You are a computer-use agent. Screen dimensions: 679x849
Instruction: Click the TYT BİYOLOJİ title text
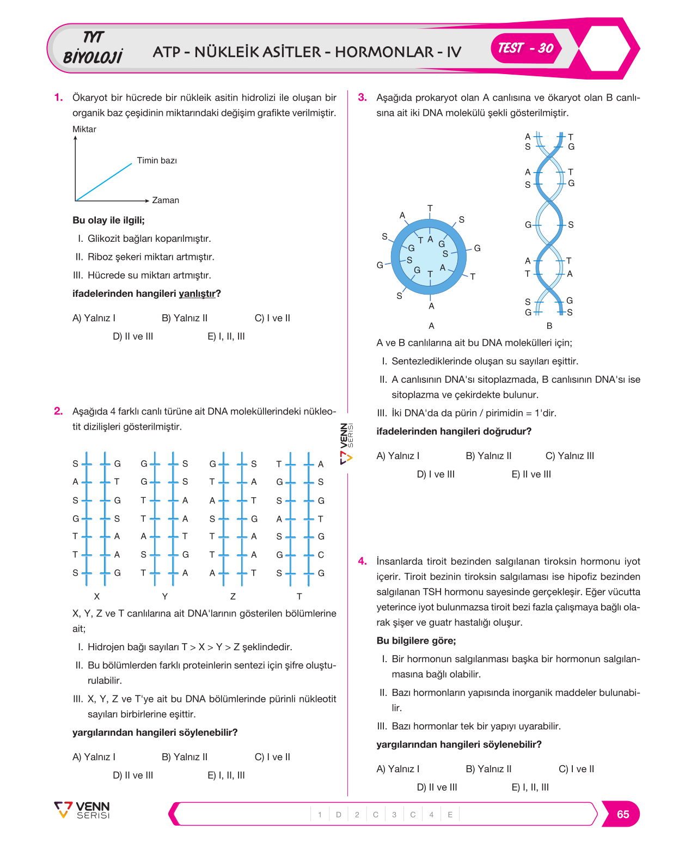[x=93, y=47]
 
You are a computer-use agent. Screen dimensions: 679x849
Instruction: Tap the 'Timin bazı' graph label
[x=157, y=161]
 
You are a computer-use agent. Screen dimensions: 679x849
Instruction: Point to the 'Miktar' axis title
[x=84, y=129]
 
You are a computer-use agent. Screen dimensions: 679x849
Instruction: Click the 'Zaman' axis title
[x=166, y=200]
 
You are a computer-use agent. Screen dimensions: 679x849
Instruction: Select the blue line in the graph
[x=104, y=182]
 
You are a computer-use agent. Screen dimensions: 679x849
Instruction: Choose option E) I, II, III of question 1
[x=226, y=337]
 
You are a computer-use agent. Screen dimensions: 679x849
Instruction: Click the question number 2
[x=58, y=411]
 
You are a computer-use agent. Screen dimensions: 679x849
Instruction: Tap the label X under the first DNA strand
[x=97, y=596]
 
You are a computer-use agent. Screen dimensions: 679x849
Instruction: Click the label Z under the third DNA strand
[x=233, y=596]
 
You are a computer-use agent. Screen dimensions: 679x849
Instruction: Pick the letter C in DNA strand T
[x=321, y=555]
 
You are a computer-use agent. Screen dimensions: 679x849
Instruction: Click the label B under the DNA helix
[x=549, y=326]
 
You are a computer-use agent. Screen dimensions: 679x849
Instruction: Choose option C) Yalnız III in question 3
[x=570, y=456]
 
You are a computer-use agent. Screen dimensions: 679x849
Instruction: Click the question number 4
[x=362, y=561]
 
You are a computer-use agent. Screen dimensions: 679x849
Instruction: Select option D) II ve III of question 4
[x=437, y=787]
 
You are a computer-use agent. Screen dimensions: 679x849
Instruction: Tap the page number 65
[x=622, y=814]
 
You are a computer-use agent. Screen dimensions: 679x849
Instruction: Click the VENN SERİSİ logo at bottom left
[x=82, y=810]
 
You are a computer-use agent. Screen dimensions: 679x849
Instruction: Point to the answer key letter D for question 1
[x=338, y=815]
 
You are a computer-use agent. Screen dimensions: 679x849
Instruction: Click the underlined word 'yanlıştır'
[x=197, y=294]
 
